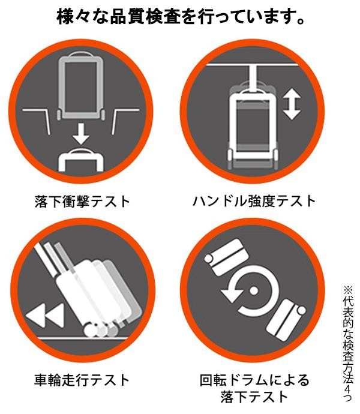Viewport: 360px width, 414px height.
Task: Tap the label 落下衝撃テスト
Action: (82, 202)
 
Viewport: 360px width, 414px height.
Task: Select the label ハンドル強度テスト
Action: (254, 201)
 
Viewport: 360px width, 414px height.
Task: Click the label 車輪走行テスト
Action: (82, 380)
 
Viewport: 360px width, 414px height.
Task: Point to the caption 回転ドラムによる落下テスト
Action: (254, 389)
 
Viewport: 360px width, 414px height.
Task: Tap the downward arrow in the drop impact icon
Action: (81, 133)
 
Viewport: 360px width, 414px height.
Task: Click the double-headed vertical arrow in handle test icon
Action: (292, 104)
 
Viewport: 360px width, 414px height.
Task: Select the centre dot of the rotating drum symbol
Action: (253, 290)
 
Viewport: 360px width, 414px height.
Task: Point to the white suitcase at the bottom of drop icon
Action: (81, 160)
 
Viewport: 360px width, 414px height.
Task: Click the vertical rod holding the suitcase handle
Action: (253, 79)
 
